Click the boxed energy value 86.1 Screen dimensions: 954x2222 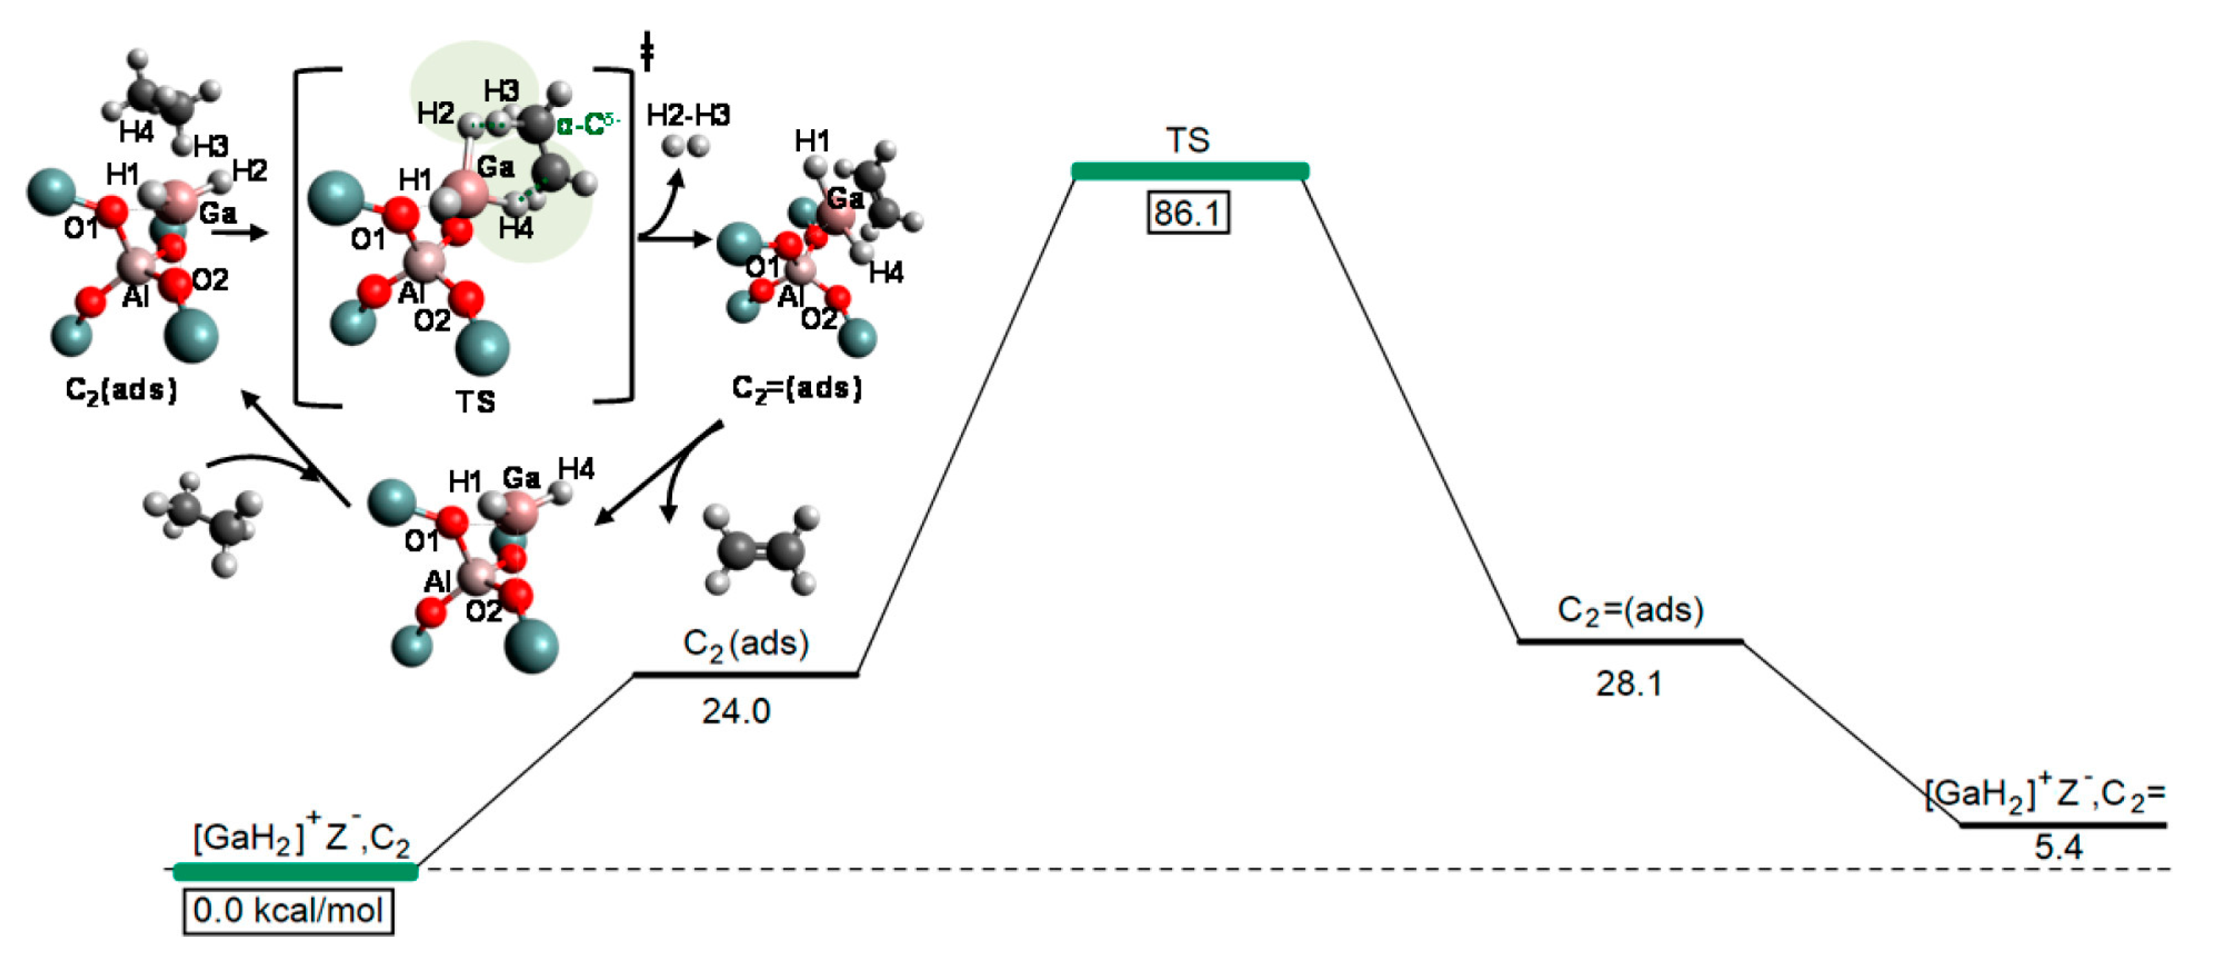1188,212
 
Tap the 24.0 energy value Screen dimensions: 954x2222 736,711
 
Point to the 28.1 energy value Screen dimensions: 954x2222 1628,683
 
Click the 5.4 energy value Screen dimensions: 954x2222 2058,847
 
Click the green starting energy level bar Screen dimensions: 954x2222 296,872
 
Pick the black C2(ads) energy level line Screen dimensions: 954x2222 746,674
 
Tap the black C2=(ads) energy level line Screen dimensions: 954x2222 1630,641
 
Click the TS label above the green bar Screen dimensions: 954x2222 1188,139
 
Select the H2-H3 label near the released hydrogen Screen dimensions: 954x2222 688,115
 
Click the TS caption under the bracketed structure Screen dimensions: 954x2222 476,401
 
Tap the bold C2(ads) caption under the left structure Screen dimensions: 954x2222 121,390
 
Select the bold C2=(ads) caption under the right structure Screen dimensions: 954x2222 796,388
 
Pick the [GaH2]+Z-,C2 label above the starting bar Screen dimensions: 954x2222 301,837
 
